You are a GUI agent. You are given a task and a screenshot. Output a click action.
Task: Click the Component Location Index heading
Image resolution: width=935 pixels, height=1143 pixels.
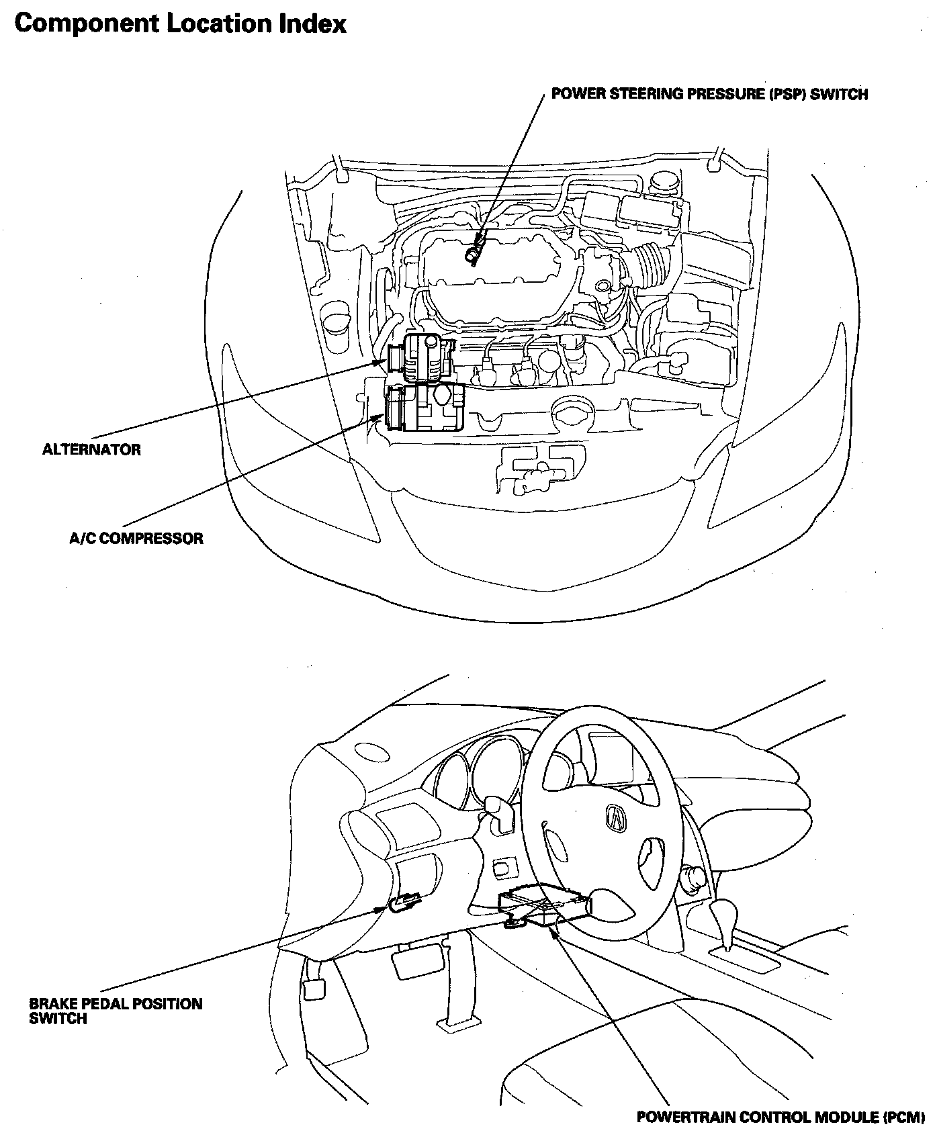pos(180,24)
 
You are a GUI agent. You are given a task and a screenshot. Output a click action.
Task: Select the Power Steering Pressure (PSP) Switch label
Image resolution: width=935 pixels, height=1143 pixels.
pos(709,94)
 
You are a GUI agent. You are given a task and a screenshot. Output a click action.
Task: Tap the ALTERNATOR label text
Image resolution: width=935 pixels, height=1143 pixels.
pos(92,450)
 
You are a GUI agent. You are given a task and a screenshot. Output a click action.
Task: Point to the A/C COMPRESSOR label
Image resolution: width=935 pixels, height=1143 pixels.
pos(136,539)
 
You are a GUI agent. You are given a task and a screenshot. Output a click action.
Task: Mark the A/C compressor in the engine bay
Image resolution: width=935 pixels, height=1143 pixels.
pos(425,408)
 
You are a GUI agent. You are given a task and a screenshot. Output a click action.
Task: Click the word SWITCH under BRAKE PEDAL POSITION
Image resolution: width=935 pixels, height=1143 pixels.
pos(58,1019)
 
